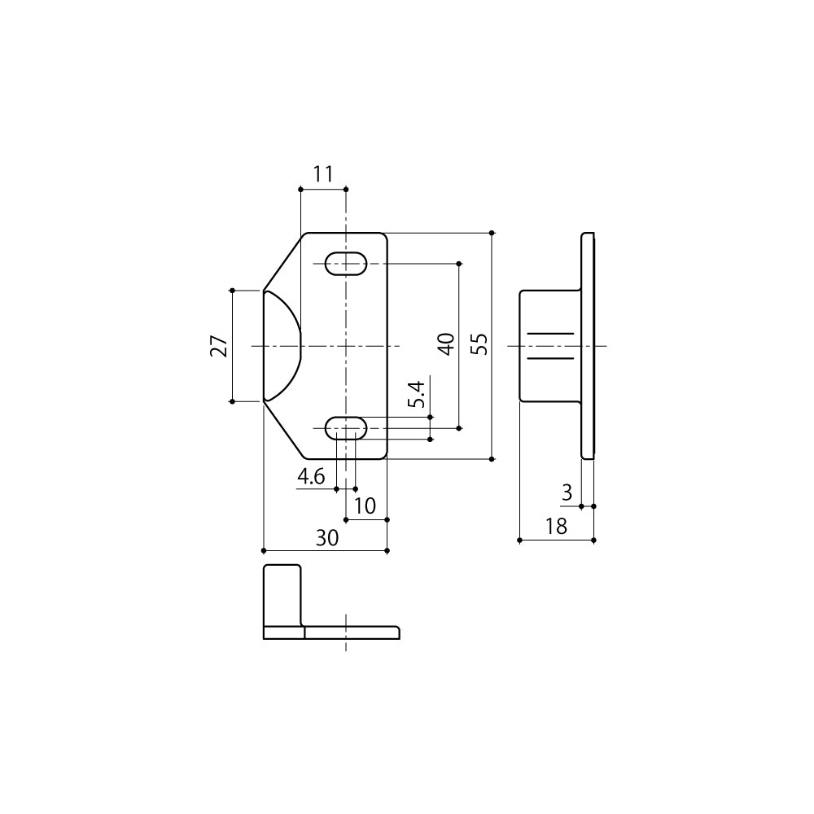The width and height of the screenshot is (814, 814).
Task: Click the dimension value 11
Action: point(323,174)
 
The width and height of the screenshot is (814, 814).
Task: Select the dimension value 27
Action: point(219,346)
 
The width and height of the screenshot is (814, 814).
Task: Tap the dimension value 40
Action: point(446,344)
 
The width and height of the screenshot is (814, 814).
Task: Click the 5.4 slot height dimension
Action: point(416,395)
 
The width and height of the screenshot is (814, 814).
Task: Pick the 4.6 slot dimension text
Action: point(311,476)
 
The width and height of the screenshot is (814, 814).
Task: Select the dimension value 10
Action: point(365,505)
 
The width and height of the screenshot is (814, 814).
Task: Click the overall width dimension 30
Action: point(327,538)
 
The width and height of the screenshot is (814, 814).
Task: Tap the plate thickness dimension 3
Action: point(567,492)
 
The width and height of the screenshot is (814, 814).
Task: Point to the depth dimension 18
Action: point(556,527)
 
